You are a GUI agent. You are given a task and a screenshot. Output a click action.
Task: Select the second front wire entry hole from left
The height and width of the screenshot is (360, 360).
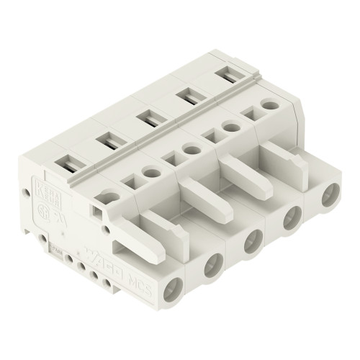tap(212, 267)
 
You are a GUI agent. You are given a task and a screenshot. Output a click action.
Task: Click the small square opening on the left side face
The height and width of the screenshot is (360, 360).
tap(98, 211)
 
